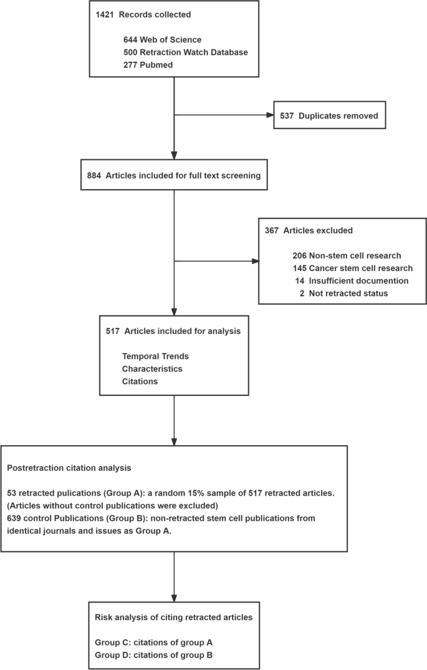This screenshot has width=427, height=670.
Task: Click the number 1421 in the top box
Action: tap(105, 14)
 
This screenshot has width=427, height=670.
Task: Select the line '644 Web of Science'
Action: tap(162, 40)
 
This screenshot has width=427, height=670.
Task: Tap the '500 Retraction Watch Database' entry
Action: tap(185, 52)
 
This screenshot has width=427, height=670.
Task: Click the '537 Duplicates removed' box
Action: tap(329, 116)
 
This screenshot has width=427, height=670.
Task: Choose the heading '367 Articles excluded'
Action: tap(309, 230)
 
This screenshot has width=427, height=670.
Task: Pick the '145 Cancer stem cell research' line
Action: tap(352, 268)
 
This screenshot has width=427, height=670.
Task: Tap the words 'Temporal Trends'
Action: tap(155, 356)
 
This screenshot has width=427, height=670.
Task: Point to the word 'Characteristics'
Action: tap(152, 368)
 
